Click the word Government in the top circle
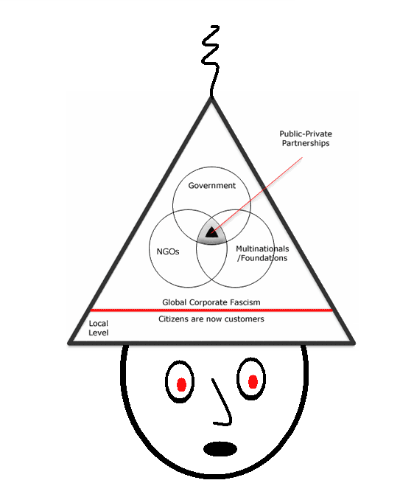tap(211, 185)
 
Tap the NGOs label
tap(168, 251)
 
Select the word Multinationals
tap(262, 248)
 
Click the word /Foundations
tap(262, 258)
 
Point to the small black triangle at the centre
tap(211, 233)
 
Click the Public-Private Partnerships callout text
tap(306, 139)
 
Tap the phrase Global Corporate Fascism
tap(211, 302)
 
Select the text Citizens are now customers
tap(211, 319)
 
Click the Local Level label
tap(99, 328)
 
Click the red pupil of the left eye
tap(181, 384)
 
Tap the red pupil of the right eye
tap(253, 382)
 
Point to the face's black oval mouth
tap(220, 449)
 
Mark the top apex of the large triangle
tap(211, 97)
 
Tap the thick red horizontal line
tap(211, 310)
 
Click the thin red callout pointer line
tap(257, 195)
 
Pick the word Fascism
tap(245, 302)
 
